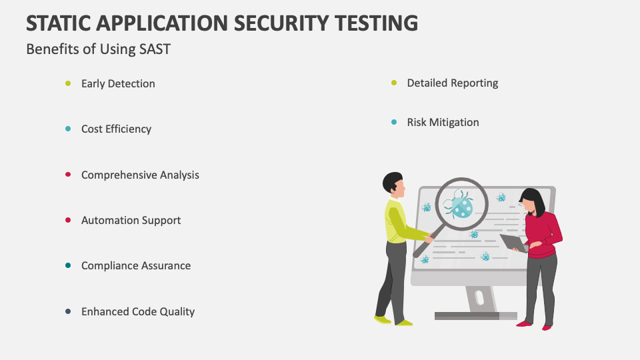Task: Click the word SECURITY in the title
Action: click(281, 23)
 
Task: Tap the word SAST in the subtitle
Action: click(155, 49)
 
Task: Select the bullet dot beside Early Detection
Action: click(68, 84)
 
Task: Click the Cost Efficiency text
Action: click(116, 129)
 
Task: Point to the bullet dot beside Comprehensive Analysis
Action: click(68, 175)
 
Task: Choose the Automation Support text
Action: click(131, 221)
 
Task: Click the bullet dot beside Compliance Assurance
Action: click(68, 266)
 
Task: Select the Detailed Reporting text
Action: click(453, 83)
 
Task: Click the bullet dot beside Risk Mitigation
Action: click(394, 122)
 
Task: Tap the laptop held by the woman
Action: click(513, 243)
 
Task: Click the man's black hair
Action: click(392, 181)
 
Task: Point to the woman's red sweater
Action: click(543, 235)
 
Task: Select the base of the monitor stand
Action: click(476, 315)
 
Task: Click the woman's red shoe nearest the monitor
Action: click(524, 324)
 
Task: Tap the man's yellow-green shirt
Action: click(398, 223)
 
